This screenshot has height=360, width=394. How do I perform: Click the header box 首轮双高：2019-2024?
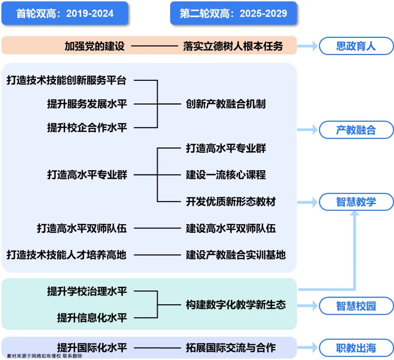[65, 13]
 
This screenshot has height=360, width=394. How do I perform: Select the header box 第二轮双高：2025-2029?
[233, 13]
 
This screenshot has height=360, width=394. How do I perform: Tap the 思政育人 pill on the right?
[356, 46]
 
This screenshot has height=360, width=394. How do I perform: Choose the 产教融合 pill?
[356, 130]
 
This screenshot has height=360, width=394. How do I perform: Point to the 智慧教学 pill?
[356, 202]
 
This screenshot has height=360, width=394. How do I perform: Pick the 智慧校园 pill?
[356, 306]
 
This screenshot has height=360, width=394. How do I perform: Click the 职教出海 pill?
[356, 348]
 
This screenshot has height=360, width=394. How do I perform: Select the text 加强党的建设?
[95, 46]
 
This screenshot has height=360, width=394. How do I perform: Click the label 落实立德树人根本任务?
[233, 46]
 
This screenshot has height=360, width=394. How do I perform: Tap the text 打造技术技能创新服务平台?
[66, 80]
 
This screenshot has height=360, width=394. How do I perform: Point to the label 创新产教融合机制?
[226, 104]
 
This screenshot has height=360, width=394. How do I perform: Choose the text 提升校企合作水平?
[87, 128]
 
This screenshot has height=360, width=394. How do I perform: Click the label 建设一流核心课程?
[226, 175]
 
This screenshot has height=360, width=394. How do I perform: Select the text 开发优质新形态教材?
[231, 201]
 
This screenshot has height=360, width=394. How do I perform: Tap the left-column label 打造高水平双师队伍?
[82, 228]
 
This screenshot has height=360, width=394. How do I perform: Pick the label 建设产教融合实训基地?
[236, 255]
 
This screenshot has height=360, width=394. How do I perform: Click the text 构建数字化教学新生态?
[236, 305]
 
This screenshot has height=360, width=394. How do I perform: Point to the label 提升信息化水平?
[92, 317]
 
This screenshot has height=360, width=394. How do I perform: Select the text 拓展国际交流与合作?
[231, 348]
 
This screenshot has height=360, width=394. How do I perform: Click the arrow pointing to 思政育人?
[308, 46]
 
